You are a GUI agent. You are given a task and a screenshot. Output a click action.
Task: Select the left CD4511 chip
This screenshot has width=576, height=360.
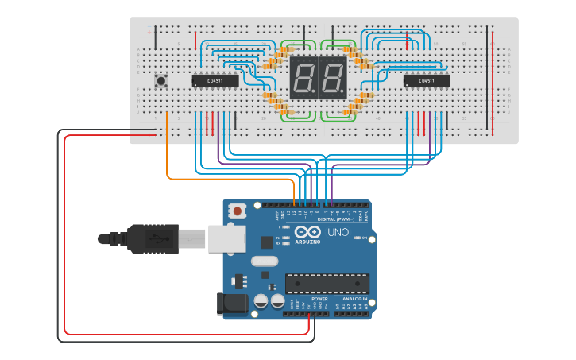point(215,80)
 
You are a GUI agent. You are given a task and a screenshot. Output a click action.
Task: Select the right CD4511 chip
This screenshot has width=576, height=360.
point(427,80)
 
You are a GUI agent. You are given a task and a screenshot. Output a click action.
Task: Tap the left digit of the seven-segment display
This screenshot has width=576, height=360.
point(303,78)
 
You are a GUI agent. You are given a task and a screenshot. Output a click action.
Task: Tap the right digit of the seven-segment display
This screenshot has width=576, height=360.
point(332,78)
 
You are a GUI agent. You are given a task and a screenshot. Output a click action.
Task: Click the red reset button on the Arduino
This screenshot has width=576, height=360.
point(237,211)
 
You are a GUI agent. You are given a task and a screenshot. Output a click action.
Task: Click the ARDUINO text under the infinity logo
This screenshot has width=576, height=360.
point(307,242)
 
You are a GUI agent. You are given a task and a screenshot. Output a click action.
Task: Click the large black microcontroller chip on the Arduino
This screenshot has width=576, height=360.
point(327,284)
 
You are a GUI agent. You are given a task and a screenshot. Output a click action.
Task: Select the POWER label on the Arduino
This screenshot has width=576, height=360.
point(308,299)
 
